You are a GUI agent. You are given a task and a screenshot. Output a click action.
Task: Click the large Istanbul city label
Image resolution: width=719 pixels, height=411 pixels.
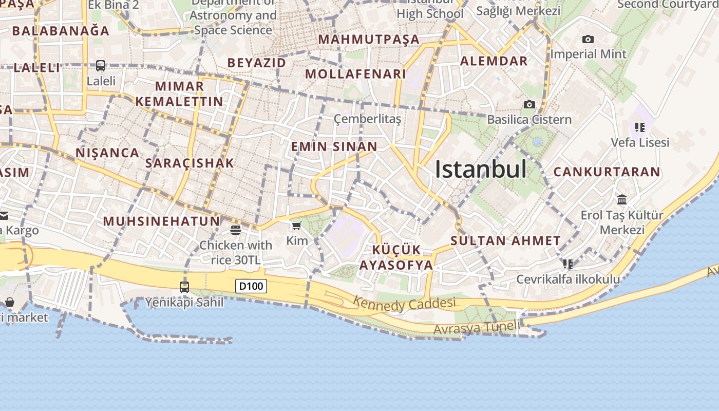click(481, 169)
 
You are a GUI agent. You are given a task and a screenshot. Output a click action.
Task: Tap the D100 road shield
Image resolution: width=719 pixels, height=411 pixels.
click(251, 286)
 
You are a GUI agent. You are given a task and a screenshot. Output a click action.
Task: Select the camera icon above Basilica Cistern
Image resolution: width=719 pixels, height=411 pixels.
click(529, 105)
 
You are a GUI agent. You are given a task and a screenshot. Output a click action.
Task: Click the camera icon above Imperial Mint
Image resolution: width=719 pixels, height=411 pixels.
click(588, 39)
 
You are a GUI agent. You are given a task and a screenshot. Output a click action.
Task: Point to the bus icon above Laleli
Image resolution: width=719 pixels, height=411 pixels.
click(101, 66)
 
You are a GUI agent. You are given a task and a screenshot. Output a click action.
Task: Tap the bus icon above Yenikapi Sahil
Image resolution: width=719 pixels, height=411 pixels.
click(184, 287)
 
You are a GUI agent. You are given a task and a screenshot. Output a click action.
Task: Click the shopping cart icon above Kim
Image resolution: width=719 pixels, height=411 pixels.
click(296, 226)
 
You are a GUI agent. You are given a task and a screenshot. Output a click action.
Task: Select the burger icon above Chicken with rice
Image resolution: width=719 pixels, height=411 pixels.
click(236, 230)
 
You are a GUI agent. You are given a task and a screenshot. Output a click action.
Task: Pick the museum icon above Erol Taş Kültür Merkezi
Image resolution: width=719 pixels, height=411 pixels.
click(622, 199)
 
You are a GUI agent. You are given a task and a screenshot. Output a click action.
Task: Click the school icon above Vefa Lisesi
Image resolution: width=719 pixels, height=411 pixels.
click(639, 127)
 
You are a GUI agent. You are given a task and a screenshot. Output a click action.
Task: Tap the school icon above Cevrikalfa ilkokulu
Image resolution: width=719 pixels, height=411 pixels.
click(567, 264)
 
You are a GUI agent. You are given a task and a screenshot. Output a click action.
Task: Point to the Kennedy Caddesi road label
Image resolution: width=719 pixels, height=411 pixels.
click(405, 304)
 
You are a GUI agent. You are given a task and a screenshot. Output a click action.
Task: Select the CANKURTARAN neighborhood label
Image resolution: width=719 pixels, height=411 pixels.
click(607, 172)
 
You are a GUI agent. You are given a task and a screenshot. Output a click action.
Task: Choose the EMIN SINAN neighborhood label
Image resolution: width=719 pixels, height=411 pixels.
click(334, 146)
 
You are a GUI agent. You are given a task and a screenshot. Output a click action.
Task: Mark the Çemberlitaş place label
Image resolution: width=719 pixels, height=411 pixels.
click(367, 119)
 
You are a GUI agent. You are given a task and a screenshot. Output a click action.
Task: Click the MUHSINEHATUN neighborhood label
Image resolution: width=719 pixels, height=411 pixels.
click(161, 221)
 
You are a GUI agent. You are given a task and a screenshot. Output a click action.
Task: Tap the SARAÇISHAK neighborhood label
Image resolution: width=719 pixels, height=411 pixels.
click(190, 163)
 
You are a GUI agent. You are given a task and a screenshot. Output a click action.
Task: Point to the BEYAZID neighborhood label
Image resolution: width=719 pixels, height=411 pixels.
click(257, 63)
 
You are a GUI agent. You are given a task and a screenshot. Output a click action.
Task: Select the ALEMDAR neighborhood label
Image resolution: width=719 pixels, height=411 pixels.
click(494, 61)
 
